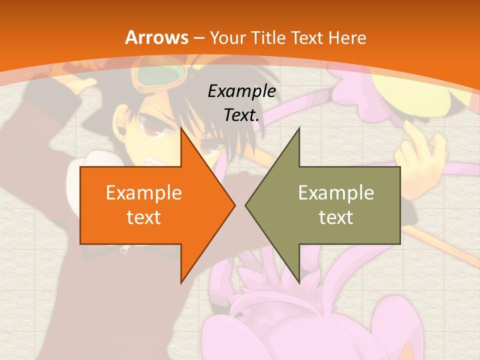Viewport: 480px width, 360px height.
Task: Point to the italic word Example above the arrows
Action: pos(241,91)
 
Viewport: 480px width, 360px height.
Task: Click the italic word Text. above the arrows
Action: pos(241,115)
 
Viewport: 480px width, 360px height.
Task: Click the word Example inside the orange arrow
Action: pos(144,192)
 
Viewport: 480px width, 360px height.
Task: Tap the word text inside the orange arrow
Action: pos(144,217)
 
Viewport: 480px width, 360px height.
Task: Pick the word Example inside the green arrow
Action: pos(336,192)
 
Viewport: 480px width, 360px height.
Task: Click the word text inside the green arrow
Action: pos(336,217)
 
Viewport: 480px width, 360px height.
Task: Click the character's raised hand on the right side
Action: pos(420,150)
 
